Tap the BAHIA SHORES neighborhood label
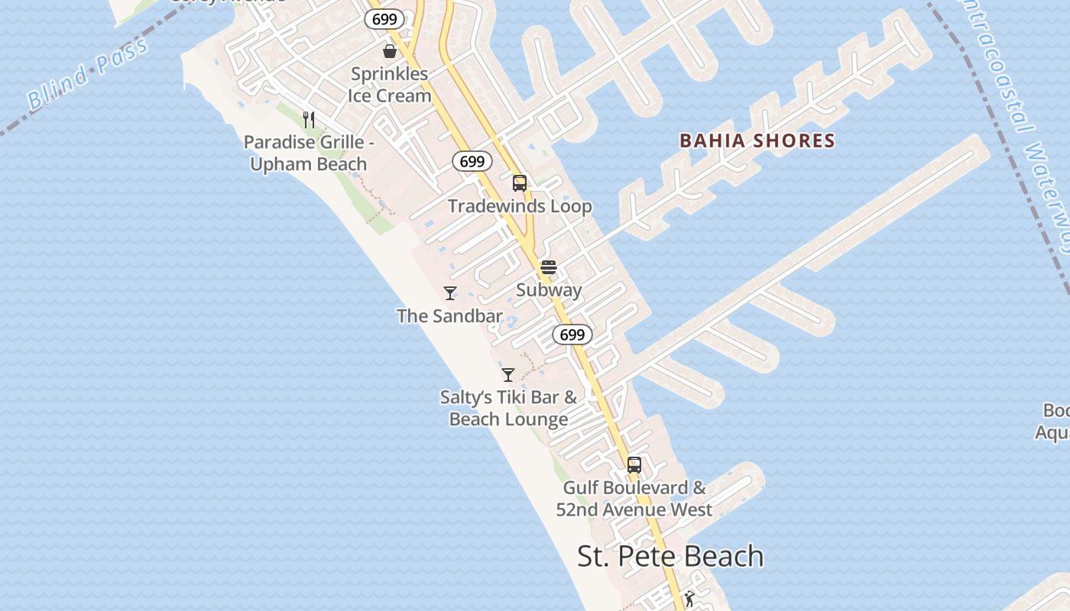tap(757, 141)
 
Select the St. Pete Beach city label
tap(670, 556)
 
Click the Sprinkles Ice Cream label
tap(390, 85)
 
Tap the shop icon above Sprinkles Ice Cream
tap(390, 51)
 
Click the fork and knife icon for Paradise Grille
tap(309, 119)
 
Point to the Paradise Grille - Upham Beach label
tap(309, 153)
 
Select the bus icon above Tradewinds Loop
tap(520, 183)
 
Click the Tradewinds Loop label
tap(520, 206)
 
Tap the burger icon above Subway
tap(549, 267)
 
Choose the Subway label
tap(549, 290)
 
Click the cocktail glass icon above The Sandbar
tap(450, 293)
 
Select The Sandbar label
tap(449, 315)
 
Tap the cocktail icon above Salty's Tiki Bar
tap(508, 374)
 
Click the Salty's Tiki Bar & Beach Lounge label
tap(509, 408)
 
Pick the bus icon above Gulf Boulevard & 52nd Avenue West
tap(634, 464)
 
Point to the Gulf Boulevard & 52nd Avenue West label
tap(634, 498)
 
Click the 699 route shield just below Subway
tap(572, 335)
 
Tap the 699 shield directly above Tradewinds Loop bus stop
tap(472, 161)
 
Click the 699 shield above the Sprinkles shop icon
tap(384, 19)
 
